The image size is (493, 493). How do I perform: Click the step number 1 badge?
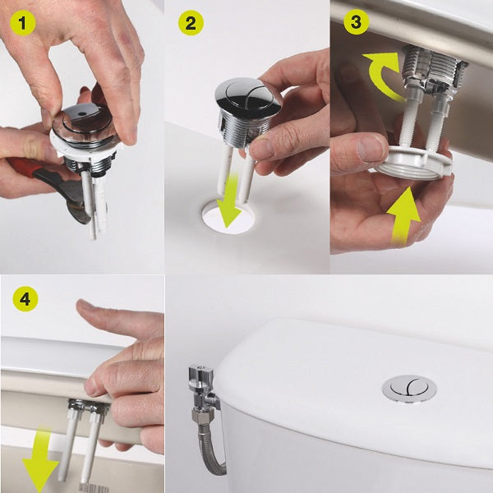tap(22, 23)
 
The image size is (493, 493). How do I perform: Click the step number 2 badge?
tap(191, 23)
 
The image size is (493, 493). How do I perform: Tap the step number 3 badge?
tap(356, 21)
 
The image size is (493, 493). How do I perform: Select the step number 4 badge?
tap(25, 299)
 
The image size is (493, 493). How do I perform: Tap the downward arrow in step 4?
tap(40, 459)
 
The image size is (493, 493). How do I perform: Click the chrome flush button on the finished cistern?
tap(409, 389)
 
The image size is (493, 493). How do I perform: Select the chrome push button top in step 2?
tap(248, 95)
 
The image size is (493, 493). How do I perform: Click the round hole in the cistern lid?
tap(228, 217)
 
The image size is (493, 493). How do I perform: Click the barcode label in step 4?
tap(94, 487)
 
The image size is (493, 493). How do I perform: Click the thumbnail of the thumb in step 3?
tap(370, 149)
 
